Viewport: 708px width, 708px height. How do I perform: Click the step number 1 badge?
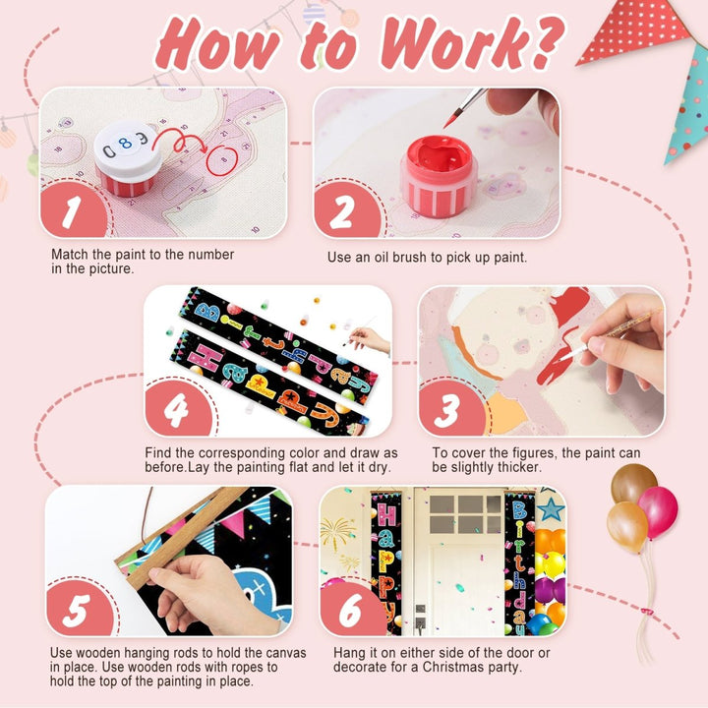(x=74, y=210)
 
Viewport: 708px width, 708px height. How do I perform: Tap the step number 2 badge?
(x=345, y=210)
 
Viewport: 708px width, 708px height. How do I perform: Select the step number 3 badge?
(x=450, y=409)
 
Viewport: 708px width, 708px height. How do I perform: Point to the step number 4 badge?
(x=177, y=409)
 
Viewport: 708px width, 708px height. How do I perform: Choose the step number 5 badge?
(x=79, y=609)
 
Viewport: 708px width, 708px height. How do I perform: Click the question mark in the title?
(x=547, y=42)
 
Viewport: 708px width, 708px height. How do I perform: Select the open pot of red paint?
(x=439, y=176)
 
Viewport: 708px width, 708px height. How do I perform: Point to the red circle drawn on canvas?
(x=221, y=161)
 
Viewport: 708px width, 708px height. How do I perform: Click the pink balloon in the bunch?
(x=658, y=511)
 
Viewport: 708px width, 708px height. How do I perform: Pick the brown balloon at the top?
(x=633, y=482)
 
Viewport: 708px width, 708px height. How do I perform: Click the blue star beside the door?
(x=551, y=509)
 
